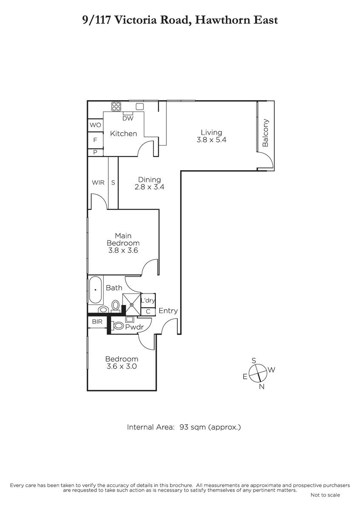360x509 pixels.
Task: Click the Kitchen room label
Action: [x=124, y=134]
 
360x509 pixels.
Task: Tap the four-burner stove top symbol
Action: [x=116, y=106]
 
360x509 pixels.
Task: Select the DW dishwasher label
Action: [x=128, y=118]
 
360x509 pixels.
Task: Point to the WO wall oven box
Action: [x=96, y=125]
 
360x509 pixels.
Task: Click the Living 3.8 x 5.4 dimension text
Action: [x=211, y=140]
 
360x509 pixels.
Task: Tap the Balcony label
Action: [x=265, y=133]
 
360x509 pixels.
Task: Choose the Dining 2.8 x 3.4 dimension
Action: [x=149, y=187]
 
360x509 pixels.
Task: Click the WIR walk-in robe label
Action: [x=98, y=182]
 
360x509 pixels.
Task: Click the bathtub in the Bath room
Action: [x=95, y=290]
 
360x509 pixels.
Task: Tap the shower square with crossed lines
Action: [x=132, y=304]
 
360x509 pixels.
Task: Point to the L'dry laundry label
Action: [x=148, y=300]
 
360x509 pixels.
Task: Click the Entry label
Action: [x=168, y=311]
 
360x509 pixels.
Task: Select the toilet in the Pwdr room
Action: [x=117, y=326]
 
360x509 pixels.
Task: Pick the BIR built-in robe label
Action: [x=97, y=322]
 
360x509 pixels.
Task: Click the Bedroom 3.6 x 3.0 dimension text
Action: [x=122, y=366]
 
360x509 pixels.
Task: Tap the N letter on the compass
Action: [x=262, y=386]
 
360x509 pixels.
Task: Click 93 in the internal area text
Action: [x=184, y=427]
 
